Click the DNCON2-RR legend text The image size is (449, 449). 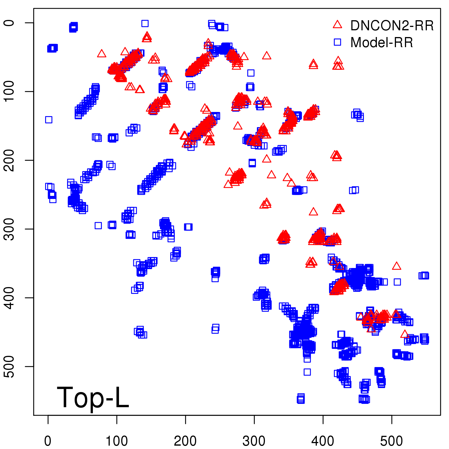pos(392,26)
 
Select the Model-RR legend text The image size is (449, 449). pos(382,43)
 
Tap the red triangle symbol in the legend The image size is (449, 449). pos(337,25)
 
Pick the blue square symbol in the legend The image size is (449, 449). pos(337,42)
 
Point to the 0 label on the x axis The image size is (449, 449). pos(48,441)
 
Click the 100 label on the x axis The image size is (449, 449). pos(117,441)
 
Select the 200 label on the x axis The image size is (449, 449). pos(185,441)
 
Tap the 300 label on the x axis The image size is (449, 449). pos(254,441)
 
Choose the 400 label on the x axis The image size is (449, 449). pos(323,441)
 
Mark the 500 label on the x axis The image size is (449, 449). pos(391,441)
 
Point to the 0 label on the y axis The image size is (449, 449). pos(10,23)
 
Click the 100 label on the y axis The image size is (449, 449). pos(10,91)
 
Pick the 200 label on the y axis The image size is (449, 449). pos(10,160)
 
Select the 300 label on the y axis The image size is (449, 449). pos(10,229)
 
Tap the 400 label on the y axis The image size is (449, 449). pos(10,298)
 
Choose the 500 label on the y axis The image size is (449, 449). pos(10,366)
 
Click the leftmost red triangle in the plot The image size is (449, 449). pos(102,54)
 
